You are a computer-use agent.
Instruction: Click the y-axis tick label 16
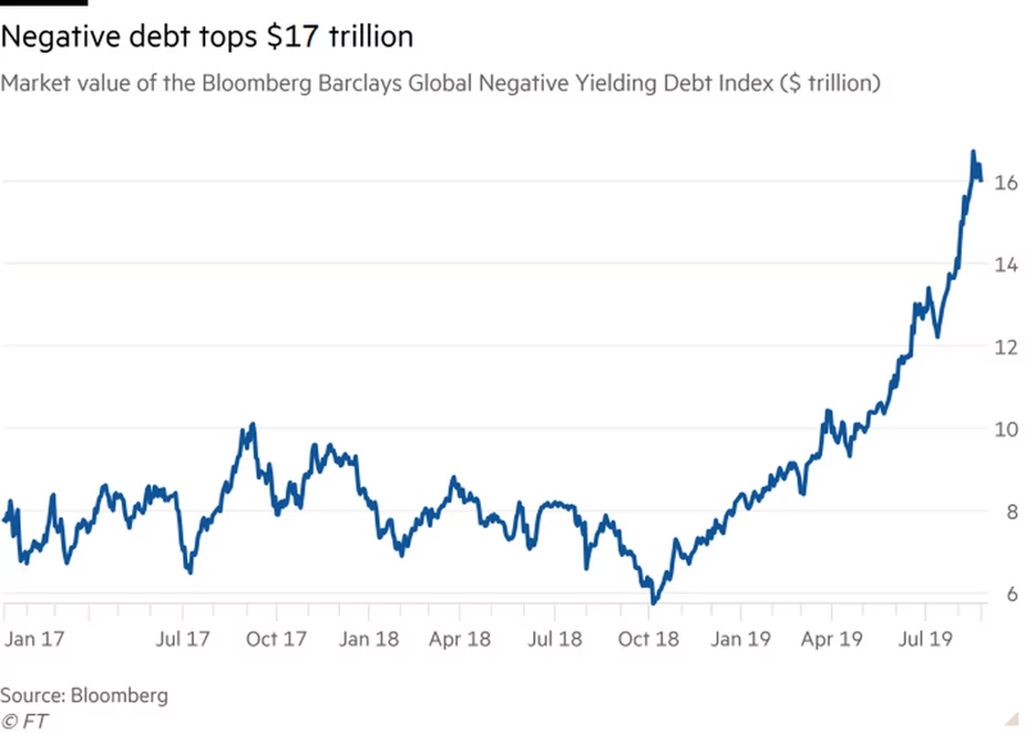1004,183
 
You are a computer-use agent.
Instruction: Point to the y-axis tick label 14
1004,265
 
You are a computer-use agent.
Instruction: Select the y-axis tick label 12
1004,347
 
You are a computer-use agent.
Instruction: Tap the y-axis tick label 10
1004,429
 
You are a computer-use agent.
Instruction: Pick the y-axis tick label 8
1009,511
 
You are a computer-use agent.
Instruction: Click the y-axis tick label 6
1009,594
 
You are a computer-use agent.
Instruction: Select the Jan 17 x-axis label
33,638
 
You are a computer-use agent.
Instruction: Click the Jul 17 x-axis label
182,638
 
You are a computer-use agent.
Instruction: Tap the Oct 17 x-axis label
277,638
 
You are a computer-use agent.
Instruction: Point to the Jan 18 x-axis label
368,638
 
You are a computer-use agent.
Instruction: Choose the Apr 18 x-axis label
460,638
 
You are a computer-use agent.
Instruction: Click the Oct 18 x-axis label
649,638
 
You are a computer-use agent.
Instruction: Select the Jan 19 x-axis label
740,638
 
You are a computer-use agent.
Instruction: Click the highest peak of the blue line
973,152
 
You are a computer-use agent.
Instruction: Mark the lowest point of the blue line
653,603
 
